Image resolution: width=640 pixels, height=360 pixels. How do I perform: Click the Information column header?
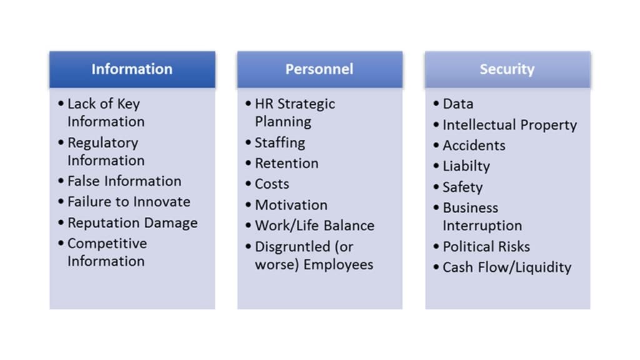132,69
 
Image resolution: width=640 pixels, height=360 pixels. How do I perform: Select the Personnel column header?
319,69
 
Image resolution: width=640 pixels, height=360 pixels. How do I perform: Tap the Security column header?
507,69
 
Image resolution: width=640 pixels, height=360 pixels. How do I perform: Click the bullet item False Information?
124,181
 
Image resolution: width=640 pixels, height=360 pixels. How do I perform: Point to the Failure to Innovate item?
129,202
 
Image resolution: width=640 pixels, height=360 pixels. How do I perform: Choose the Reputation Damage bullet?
132,223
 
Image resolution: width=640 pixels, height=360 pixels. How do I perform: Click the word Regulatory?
102,142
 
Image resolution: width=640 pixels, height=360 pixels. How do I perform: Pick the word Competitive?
107,244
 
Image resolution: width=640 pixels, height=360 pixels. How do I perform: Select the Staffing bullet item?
279,142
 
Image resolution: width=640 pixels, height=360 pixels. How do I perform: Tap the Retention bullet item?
286,163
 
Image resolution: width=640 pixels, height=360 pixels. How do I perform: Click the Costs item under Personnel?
272,184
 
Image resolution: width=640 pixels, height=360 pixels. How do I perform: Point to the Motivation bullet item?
291,205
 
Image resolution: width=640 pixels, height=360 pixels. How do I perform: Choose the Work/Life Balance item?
314,226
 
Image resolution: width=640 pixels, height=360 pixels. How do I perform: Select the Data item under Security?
457,104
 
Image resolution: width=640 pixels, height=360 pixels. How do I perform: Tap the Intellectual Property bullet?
509,125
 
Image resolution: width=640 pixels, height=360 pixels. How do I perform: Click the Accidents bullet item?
474,146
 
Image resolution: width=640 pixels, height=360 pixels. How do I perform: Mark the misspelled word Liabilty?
466,166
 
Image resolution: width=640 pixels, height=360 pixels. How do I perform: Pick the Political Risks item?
486,246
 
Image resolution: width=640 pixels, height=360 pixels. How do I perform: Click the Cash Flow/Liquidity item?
507,267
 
